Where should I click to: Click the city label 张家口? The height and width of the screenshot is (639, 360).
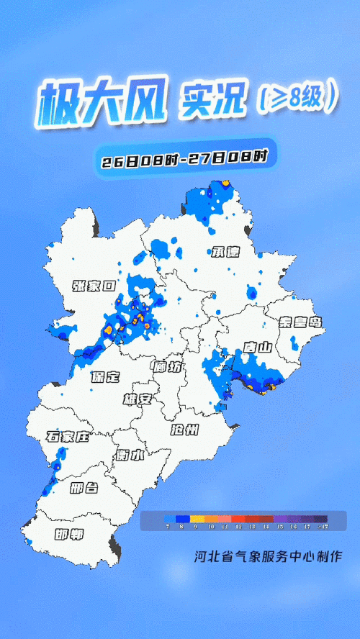tap(94, 286)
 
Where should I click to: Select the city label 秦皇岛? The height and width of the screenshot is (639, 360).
tap(302, 322)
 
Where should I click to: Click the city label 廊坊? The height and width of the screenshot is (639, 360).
tap(167, 367)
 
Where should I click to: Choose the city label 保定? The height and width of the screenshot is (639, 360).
tap(105, 377)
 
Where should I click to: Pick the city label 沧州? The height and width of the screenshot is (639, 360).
tap(184, 430)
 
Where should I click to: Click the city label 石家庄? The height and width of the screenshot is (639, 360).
tap(67, 437)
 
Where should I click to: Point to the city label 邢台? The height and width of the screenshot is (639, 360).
tap(84, 489)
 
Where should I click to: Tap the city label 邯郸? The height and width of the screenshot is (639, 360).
tap(69, 535)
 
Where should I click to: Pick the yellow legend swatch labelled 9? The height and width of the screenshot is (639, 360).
tap(197, 518)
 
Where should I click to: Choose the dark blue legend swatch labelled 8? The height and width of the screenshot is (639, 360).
tap(182, 518)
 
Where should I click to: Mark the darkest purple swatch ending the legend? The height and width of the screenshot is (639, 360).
tap(320, 518)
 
